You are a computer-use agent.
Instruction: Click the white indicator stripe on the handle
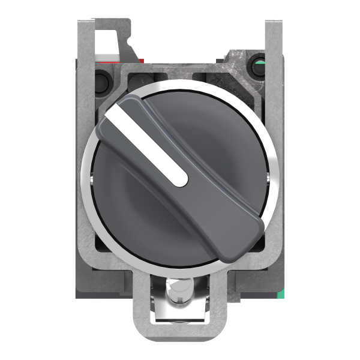pyautogui.click(x=150, y=144)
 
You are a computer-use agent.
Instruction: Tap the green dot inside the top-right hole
pyautogui.click(x=259, y=62)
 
